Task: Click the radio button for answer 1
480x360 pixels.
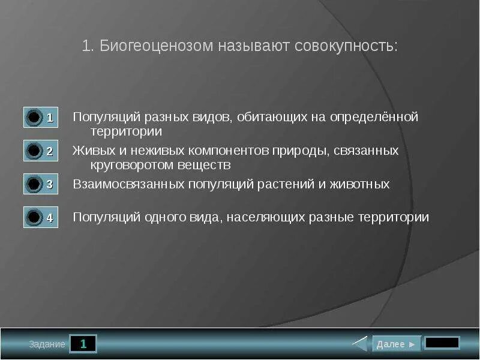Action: pos(35,117)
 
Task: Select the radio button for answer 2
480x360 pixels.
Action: pos(35,151)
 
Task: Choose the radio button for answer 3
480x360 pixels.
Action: pos(35,184)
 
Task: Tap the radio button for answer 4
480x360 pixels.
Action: pos(35,217)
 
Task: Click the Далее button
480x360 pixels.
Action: pos(396,344)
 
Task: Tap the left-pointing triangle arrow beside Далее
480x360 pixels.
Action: pos(360,344)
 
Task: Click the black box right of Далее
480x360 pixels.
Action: pos(442,343)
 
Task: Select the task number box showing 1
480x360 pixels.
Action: pos(83,344)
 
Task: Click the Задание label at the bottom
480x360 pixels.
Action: pos(47,344)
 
